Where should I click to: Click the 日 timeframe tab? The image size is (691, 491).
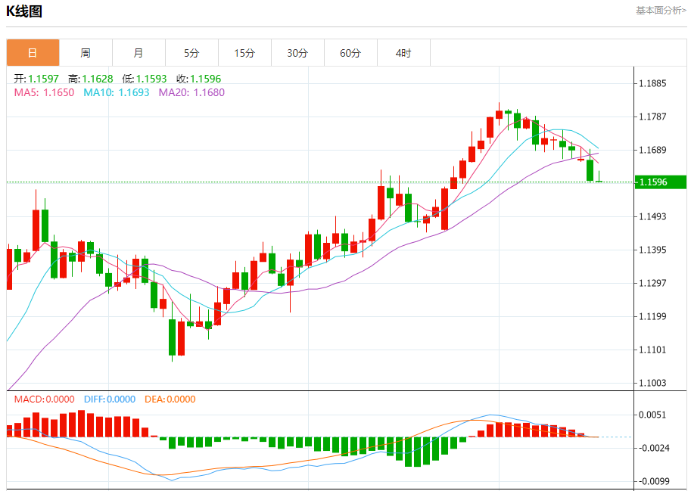(x=33, y=53)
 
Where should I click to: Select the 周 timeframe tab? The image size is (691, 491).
(x=86, y=53)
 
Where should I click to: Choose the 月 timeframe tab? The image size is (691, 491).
(x=139, y=53)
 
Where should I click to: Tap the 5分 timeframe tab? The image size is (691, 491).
(x=191, y=53)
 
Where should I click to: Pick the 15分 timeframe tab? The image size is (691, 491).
(x=244, y=53)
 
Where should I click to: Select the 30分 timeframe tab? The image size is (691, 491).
(x=297, y=53)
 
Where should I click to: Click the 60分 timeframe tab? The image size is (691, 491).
(x=350, y=53)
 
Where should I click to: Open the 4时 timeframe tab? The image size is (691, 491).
(x=403, y=53)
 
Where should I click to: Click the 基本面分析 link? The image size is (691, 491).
(x=661, y=10)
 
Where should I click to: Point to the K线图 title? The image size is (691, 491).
(x=24, y=11)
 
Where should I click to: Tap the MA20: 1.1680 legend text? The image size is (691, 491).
(x=191, y=92)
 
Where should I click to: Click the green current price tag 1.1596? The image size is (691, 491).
(x=660, y=182)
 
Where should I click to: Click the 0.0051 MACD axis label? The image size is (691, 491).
(x=652, y=415)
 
